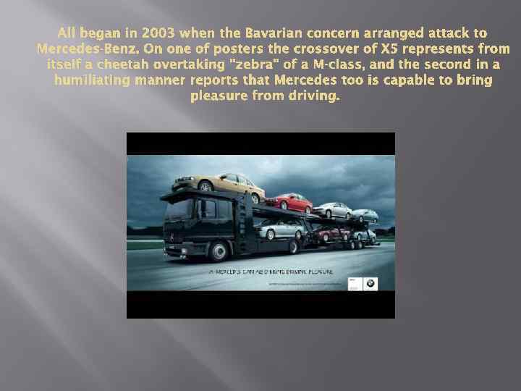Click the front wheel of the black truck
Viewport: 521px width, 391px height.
tap(219, 251)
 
